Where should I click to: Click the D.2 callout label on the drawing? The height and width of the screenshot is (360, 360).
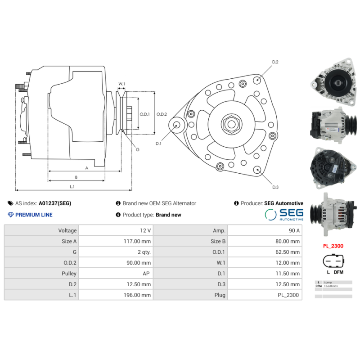point(275,62)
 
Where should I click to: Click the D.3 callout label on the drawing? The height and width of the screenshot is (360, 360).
point(275,187)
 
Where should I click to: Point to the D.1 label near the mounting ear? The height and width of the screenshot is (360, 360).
point(158,144)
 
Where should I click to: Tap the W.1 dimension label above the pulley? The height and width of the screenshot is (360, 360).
point(121,84)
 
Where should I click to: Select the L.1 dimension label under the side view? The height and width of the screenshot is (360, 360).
point(72,186)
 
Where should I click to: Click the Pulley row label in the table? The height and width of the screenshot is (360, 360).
point(69,273)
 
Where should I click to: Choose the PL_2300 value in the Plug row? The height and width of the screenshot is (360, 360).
point(288,295)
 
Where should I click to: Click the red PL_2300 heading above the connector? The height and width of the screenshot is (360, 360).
point(333,246)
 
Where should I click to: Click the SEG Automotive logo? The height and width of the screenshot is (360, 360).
point(284,214)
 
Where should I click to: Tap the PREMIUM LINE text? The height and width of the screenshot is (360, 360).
point(34,215)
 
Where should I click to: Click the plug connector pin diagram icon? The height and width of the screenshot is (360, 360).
point(333,262)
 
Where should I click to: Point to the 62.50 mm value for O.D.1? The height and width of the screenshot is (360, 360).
point(288,252)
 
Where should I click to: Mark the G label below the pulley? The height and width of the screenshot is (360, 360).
point(138,149)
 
